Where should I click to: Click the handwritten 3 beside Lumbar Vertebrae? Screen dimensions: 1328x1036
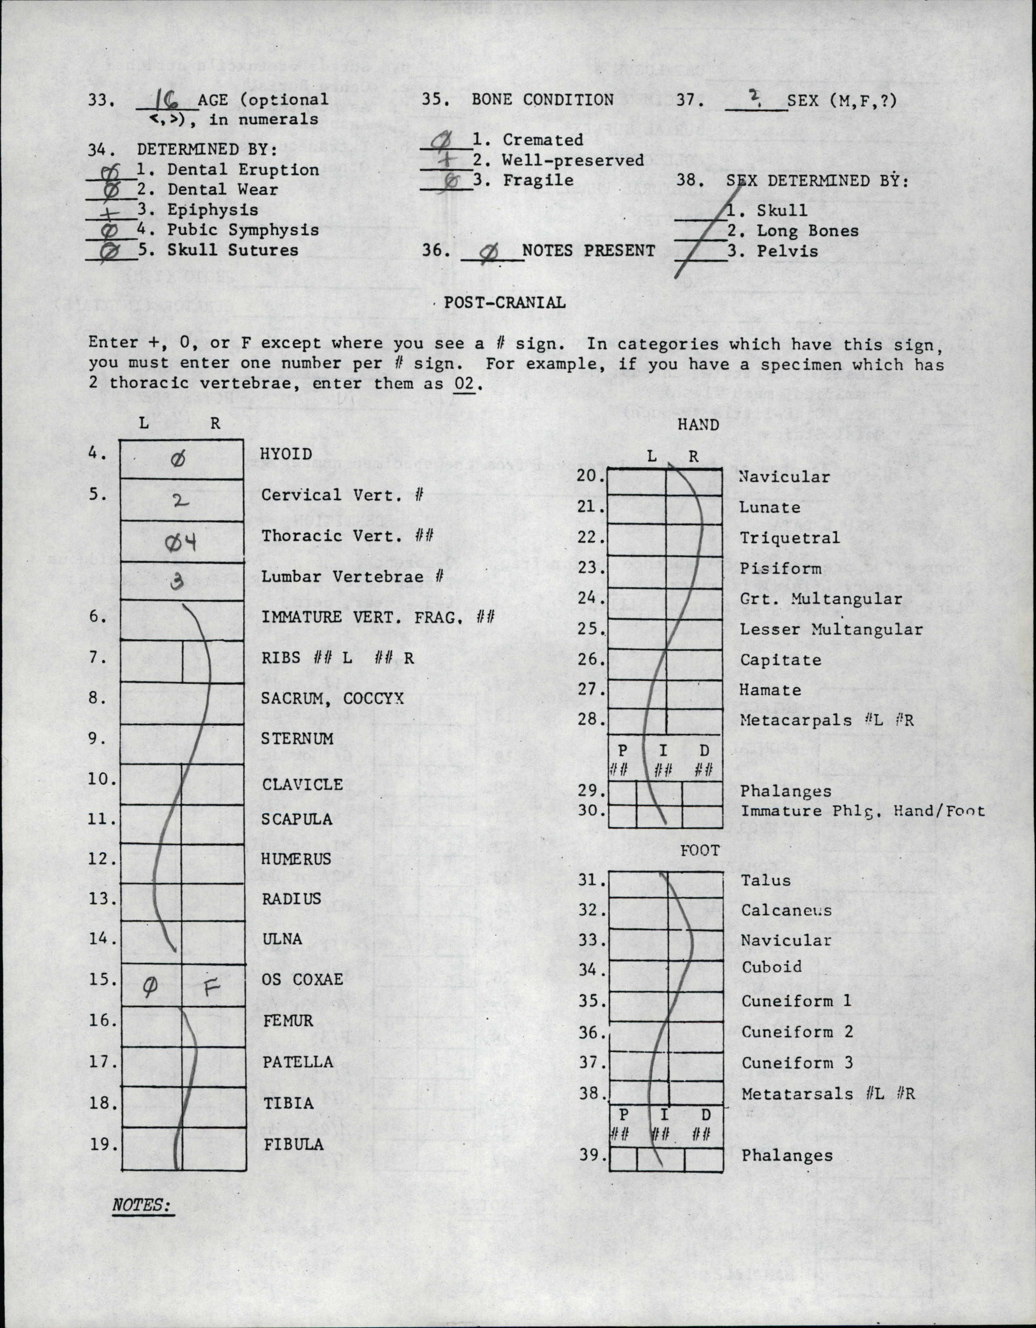click(x=177, y=582)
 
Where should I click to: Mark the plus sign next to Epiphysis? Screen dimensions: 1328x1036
click(x=112, y=211)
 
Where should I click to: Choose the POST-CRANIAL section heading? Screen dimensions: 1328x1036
click(x=505, y=302)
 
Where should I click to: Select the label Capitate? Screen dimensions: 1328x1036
click(x=780, y=660)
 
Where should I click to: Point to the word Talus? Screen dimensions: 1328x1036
click(x=765, y=880)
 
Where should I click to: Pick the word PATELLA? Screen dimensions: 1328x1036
click(x=297, y=1062)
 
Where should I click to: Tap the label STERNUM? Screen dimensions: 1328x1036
click(x=297, y=739)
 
